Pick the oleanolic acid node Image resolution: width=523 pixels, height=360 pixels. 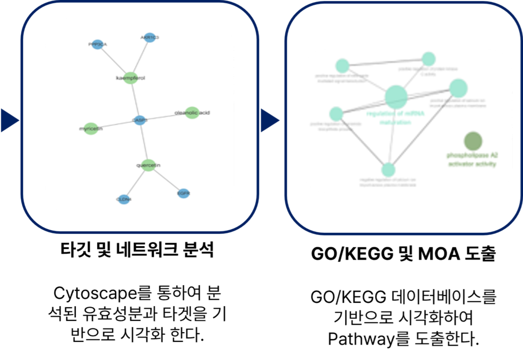[192, 112]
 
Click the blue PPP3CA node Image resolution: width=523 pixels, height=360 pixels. [98, 44]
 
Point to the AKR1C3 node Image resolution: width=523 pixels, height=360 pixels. [150, 37]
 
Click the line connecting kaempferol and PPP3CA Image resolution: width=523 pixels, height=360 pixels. [114, 60]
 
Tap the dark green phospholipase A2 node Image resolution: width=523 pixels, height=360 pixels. [473, 141]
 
